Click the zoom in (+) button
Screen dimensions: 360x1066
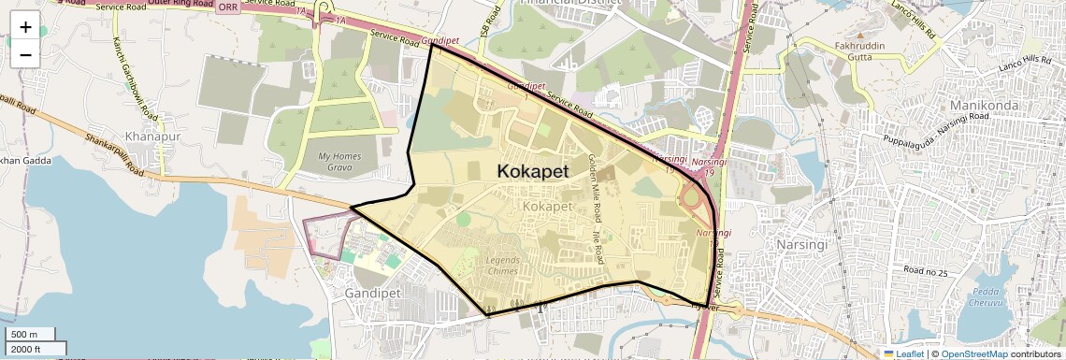(x=25, y=27)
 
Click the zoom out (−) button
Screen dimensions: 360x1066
(x=25, y=54)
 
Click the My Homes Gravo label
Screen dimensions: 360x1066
(x=339, y=162)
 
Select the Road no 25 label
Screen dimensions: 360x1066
(x=926, y=272)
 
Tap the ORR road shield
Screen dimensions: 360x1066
(x=227, y=7)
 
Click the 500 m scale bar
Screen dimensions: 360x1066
(x=32, y=335)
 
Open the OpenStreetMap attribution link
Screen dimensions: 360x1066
(x=973, y=353)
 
